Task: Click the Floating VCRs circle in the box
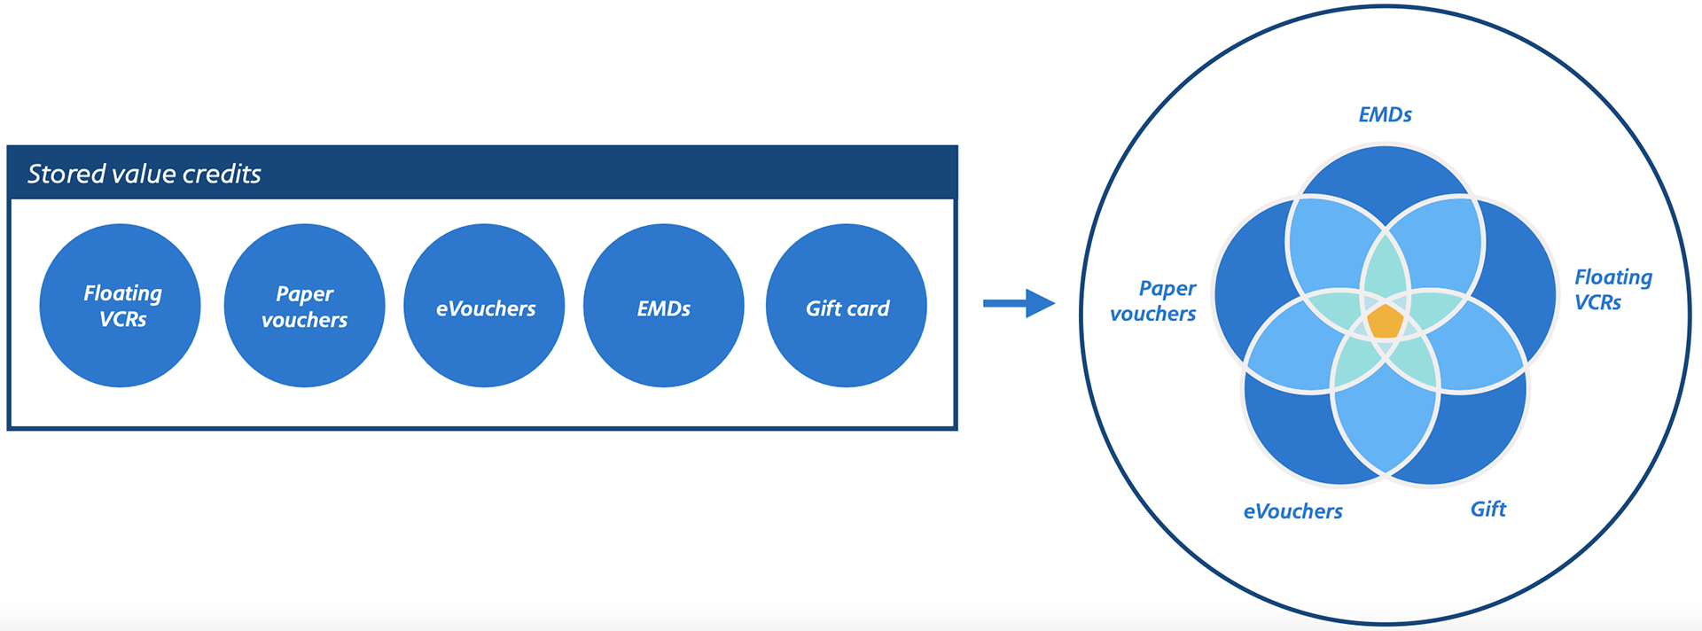(x=121, y=306)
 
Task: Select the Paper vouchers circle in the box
(x=304, y=306)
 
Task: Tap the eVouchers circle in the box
(x=484, y=306)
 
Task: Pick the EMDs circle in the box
(x=663, y=306)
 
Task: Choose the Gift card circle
(x=847, y=306)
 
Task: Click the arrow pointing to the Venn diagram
(x=1019, y=303)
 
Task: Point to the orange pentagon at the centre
(x=1385, y=321)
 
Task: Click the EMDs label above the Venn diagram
(x=1385, y=114)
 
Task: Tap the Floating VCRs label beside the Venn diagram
(x=1612, y=290)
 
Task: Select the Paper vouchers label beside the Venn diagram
(x=1153, y=301)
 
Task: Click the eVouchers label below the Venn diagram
(x=1292, y=511)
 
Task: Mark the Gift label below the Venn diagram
(x=1487, y=509)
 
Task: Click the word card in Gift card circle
(x=868, y=308)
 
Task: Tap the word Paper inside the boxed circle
(x=304, y=293)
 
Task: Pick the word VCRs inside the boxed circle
(x=122, y=320)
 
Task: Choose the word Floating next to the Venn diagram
(x=1613, y=277)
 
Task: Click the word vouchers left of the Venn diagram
(x=1152, y=314)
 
